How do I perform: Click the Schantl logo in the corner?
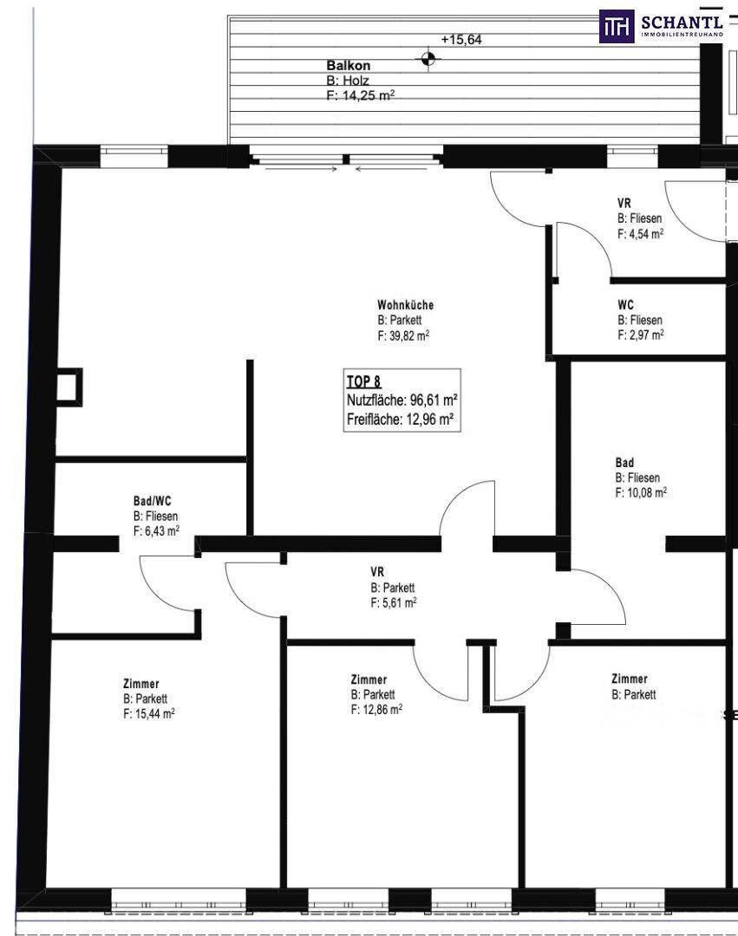(x=661, y=26)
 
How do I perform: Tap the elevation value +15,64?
(x=461, y=40)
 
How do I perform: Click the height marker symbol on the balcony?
(x=428, y=59)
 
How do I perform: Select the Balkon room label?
(x=348, y=66)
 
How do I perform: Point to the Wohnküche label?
(x=405, y=305)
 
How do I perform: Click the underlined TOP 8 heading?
(x=363, y=381)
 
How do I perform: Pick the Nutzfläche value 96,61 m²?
(x=434, y=400)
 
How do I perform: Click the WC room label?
(x=626, y=305)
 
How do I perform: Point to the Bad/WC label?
(x=152, y=502)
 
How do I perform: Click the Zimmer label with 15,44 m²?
(x=140, y=684)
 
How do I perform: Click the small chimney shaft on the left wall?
(x=69, y=387)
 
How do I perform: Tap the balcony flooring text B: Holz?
(x=348, y=81)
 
